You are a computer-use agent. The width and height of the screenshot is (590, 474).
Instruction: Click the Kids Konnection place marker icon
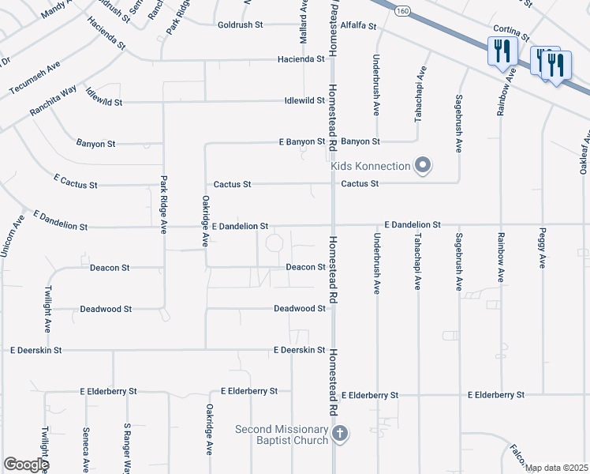tap(423, 166)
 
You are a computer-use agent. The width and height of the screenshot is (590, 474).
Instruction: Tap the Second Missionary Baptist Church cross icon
tap(340, 434)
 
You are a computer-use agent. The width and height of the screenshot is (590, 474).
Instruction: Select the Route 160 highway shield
tap(403, 11)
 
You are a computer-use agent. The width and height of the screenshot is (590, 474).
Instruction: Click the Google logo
tap(26, 465)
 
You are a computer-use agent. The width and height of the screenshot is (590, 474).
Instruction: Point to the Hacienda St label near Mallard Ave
tap(300, 59)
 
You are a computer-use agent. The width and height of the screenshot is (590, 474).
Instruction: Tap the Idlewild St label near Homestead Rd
tap(304, 101)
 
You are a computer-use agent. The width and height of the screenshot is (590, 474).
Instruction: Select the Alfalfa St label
tap(358, 26)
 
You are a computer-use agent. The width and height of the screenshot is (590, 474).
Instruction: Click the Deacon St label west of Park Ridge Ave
tap(110, 268)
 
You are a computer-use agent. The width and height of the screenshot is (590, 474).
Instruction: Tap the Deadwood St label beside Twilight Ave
tap(106, 309)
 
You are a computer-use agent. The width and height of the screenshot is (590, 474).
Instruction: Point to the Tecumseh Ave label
tap(34, 77)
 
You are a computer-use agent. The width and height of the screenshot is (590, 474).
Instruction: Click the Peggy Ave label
tap(543, 250)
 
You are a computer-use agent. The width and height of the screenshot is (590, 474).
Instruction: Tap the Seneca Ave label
tap(86, 447)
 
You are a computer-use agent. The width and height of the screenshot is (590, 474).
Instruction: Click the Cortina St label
tap(513, 31)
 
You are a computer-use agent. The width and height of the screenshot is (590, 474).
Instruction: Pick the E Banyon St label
tap(301, 142)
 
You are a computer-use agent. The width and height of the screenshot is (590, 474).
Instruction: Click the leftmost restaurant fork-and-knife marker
tap(502, 52)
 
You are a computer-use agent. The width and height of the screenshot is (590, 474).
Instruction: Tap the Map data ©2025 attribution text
tap(556, 468)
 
